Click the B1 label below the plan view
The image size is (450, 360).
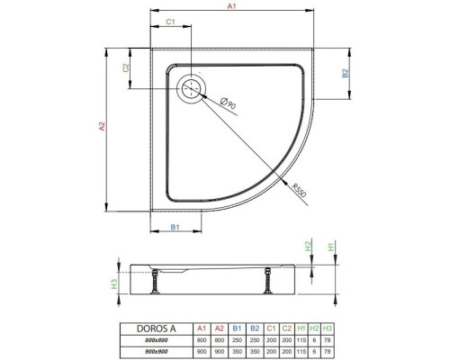[175, 227]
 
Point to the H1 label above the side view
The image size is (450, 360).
[330, 247]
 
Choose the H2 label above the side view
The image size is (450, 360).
[308, 246]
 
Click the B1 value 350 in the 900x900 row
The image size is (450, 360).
[237, 351]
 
